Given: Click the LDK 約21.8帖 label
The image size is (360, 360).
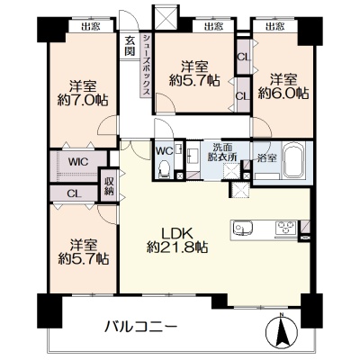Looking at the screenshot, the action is [177, 240].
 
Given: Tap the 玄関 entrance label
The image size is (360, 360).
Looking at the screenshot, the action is [130, 46].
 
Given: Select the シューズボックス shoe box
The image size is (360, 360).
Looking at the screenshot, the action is [146, 65].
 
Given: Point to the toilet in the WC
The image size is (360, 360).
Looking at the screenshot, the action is [164, 169].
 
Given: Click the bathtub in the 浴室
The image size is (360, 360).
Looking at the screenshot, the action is [294, 160].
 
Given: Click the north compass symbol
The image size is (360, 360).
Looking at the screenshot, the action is [282, 330].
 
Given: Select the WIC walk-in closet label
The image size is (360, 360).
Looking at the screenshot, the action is [77, 162].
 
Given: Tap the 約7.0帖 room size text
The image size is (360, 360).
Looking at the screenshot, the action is [83, 100].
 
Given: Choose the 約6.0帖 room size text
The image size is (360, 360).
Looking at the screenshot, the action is [283, 94].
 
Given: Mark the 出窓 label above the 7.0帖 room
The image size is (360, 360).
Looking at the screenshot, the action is [91, 27].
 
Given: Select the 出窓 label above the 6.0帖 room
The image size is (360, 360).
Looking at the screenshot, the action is [274, 27].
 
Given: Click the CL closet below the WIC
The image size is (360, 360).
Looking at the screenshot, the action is [74, 193].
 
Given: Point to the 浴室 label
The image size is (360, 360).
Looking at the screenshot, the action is [267, 158].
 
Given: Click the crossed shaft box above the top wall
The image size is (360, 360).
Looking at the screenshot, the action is [166, 17].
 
